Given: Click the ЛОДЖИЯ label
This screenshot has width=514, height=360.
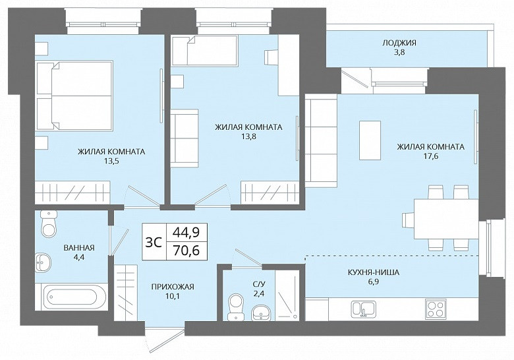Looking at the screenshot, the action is tap(399, 43).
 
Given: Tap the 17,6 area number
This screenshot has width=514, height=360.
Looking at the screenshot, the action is tap(431, 156).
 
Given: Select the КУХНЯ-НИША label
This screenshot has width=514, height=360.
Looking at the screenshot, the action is tap(374, 272).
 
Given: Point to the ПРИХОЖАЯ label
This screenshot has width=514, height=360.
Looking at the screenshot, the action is tap(173, 287).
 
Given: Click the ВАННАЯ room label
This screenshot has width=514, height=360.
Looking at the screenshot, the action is tap(79, 248).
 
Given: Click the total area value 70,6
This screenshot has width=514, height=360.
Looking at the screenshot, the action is tap(186, 251).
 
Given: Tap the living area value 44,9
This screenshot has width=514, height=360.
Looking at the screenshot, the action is tap(186, 233).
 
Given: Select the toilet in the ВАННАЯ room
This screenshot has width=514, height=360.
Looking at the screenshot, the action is tap(49, 224).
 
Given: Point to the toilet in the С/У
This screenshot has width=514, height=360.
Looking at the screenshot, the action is tap(235, 307).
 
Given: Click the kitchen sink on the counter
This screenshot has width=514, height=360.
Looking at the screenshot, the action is tap(364, 309).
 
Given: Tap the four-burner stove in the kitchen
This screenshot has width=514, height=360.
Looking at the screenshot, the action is tap(436, 309).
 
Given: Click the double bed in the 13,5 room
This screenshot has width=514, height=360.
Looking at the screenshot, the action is tap(74, 96).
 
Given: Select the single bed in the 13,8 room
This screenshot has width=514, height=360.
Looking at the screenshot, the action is tap(205, 51).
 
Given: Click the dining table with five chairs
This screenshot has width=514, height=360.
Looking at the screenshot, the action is tap(441, 219).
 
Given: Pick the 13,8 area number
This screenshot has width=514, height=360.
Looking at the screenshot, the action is tap(248, 136).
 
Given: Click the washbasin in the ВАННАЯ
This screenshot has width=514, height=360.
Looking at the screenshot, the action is tap(43, 262).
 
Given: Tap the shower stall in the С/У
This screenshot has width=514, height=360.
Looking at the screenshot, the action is tap(287, 295).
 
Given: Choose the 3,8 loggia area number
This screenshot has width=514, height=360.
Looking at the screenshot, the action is tap(399, 52).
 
